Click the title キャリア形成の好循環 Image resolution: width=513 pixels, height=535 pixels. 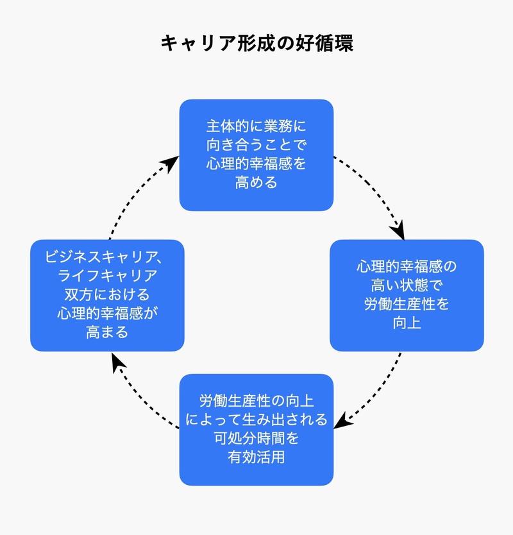[x=256, y=44]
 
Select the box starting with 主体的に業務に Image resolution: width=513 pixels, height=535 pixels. [x=256, y=155]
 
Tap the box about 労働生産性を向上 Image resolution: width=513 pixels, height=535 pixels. [x=406, y=294]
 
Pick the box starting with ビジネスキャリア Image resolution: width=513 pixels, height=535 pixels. [x=107, y=294]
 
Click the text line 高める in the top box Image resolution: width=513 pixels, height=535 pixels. [x=256, y=182]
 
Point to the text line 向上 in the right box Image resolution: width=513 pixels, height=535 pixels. [x=406, y=322]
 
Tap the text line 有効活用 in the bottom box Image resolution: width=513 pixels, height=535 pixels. [x=256, y=457]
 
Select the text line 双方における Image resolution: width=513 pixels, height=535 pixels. [x=107, y=294]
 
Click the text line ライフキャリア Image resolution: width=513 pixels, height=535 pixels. [x=107, y=276]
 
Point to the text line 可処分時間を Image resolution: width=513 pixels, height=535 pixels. [x=256, y=439]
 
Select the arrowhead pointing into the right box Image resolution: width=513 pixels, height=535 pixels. [x=398, y=229]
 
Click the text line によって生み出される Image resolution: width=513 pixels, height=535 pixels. [x=256, y=420]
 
